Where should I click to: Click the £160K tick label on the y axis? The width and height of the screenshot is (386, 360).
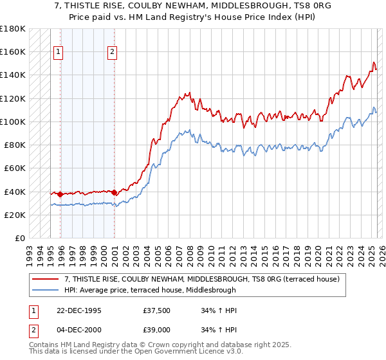pos(13,51)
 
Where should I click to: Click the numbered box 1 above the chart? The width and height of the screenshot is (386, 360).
pos(59,53)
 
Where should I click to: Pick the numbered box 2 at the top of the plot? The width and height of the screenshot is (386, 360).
pos(112,53)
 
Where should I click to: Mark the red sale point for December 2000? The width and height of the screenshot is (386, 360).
pos(114,192)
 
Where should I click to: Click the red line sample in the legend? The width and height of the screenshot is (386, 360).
pos(46,278)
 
